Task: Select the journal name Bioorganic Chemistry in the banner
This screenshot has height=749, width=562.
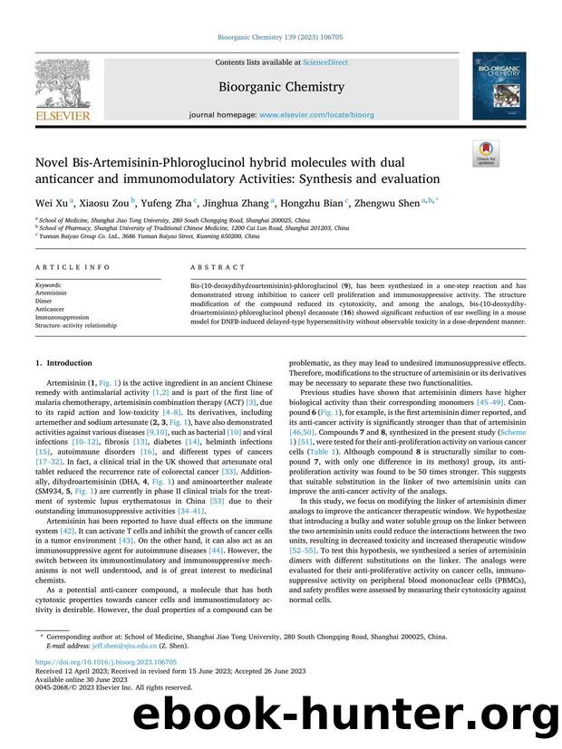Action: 280,87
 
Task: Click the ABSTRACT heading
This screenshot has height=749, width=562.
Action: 218,267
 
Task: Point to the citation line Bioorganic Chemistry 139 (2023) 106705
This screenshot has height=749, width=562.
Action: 280,37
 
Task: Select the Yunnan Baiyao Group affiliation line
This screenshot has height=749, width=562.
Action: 145,235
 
